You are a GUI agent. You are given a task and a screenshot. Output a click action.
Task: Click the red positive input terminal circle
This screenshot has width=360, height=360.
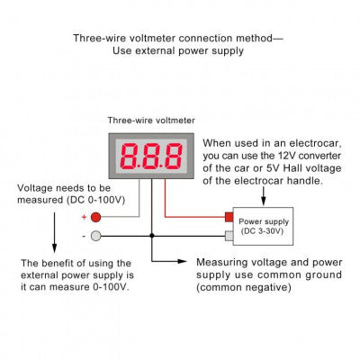[96, 217]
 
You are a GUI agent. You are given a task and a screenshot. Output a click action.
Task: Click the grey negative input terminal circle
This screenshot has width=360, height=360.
[96, 236]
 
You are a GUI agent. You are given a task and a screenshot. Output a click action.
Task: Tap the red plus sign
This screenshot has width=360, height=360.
[84, 217]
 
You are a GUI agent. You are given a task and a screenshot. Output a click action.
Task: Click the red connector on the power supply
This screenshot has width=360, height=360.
[228, 217]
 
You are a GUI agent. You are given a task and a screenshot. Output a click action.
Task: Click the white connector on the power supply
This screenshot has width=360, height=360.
[229, 237]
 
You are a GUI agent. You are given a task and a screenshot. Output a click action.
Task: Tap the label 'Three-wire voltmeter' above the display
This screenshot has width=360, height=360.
[150, 120]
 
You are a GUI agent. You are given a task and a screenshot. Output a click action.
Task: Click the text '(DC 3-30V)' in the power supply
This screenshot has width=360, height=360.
[264, 231]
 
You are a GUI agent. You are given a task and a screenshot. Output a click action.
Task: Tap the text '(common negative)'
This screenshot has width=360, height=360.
[241, 288]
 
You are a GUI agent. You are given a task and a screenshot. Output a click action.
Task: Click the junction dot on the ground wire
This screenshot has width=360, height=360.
[152, 236]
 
